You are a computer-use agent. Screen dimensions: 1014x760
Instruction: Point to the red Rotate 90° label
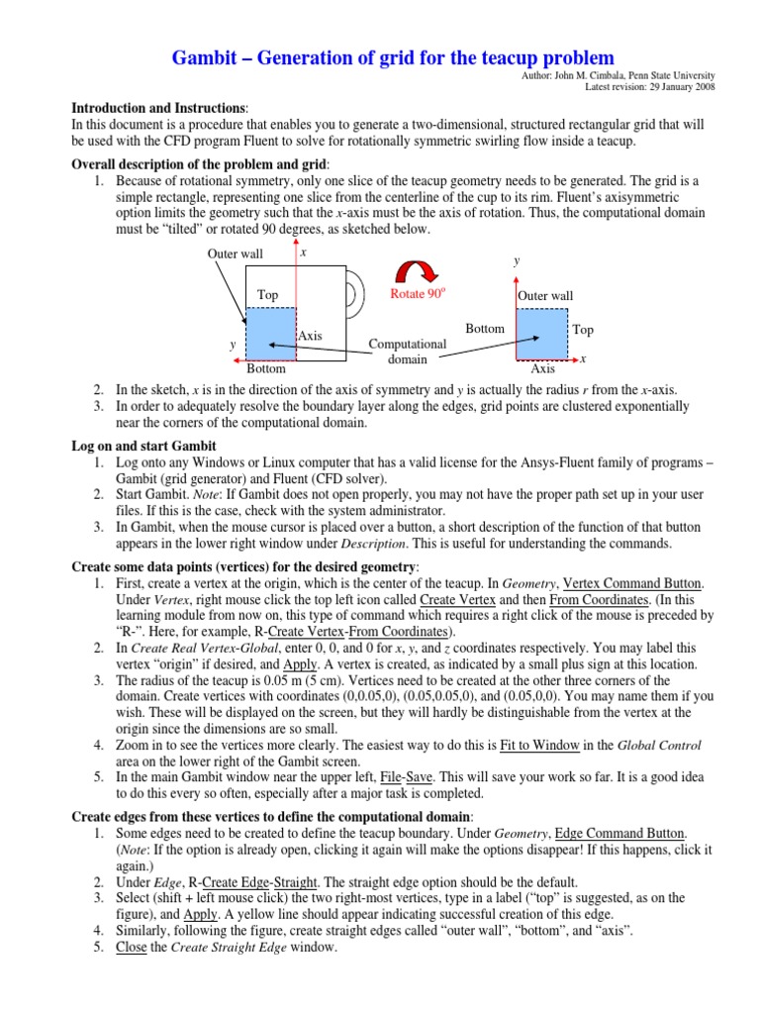(419, 294)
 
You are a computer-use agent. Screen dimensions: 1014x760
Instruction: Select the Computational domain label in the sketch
(408, 352)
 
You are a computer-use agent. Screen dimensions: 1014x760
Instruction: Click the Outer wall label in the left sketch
(235, 254)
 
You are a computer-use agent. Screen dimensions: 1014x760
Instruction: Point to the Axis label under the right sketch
(543, 369)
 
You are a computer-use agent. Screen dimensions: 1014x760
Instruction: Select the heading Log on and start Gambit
(144, 447)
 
